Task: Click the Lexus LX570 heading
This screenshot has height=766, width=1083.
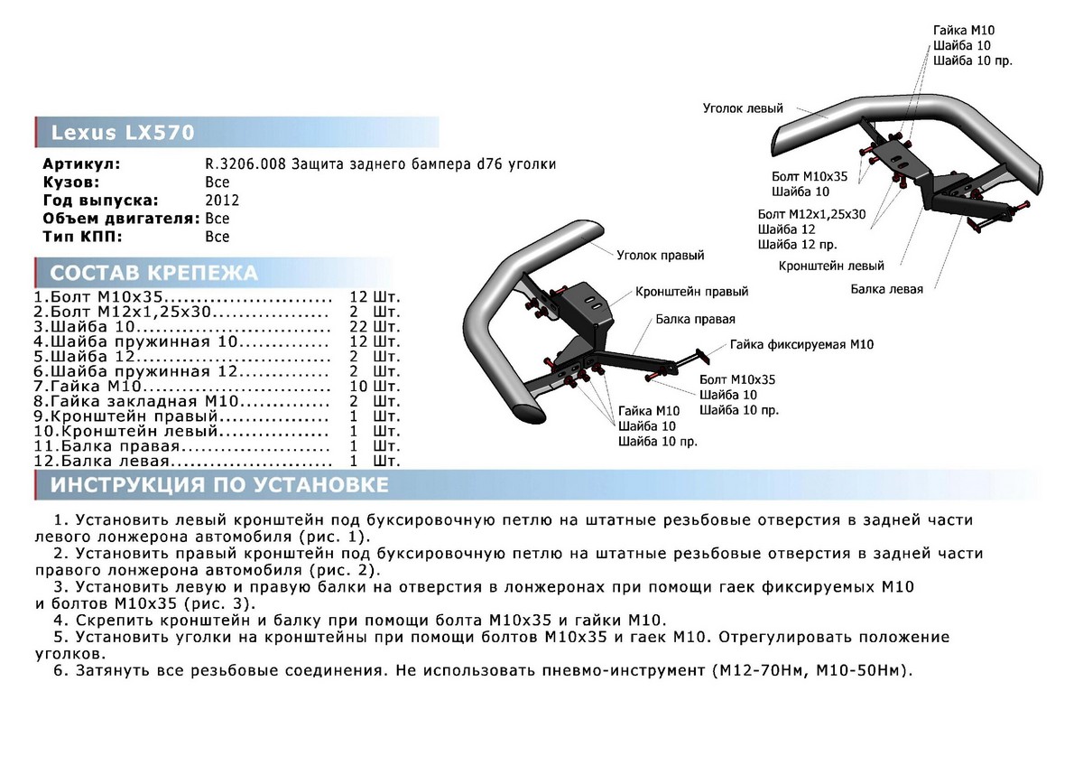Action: [x=123, y=133]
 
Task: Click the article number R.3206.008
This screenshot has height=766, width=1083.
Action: [x=245, y=164]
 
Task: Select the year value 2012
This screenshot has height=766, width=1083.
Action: [x=222, y=200]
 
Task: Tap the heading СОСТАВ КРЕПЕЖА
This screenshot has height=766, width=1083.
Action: [x=153, y=273]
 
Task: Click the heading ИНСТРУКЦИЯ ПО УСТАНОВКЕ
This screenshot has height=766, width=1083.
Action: [x=219, y=485]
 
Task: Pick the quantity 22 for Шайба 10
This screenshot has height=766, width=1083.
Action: [x=359, y=327]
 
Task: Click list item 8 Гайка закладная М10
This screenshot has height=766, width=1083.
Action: [x=136, y=401]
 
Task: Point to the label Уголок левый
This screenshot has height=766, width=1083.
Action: [x=743, y=108]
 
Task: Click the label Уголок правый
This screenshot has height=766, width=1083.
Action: [x=660, y=256]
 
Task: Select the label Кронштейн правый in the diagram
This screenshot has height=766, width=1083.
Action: [x=691, y=292]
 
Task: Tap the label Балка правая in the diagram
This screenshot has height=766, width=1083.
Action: [x=695, y=320]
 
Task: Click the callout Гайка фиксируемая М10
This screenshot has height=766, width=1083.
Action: [x=801, y=344]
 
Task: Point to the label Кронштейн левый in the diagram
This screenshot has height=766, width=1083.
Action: [x=831, y=266]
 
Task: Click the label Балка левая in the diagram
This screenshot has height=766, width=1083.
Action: [x=886, y=289]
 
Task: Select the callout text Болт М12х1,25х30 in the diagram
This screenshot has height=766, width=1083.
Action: [x=811, y=214]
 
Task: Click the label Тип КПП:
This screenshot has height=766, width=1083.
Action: [x=82, y=237]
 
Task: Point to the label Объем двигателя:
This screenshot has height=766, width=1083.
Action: [x=121, y=219]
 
